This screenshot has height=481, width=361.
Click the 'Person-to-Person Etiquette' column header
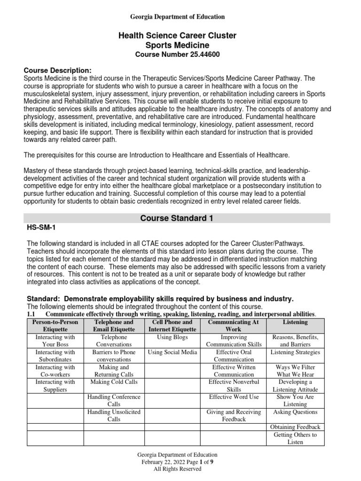[55, 326]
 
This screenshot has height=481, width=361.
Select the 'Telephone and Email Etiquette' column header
[114, 326]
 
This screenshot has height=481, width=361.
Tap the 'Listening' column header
[296, 322]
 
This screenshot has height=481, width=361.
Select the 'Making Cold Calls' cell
[114, 382]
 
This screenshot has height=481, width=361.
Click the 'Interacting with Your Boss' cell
[55, 341]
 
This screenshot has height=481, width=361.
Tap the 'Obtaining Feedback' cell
[296, 427]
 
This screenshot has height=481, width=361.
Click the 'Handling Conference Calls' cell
[114, 401]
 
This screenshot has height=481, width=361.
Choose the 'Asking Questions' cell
[296, 412]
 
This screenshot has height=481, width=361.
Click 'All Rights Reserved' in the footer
[177, 469]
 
